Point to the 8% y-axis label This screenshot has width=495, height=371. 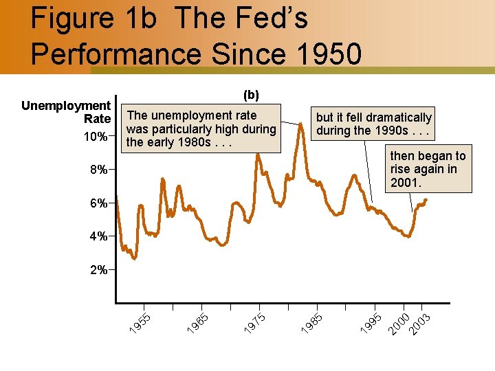[x=97, y=170]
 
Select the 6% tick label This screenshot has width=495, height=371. [x=97, y=203]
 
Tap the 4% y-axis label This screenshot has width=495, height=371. [x=97, y=236]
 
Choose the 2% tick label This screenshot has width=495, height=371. [x=97, y=270]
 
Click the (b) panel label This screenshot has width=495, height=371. [x=251, y=95]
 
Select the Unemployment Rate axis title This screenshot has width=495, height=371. [x=67, y=113]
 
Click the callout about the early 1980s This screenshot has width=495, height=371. [x=201, y=128]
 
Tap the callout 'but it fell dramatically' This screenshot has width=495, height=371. [x=374, y=124]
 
